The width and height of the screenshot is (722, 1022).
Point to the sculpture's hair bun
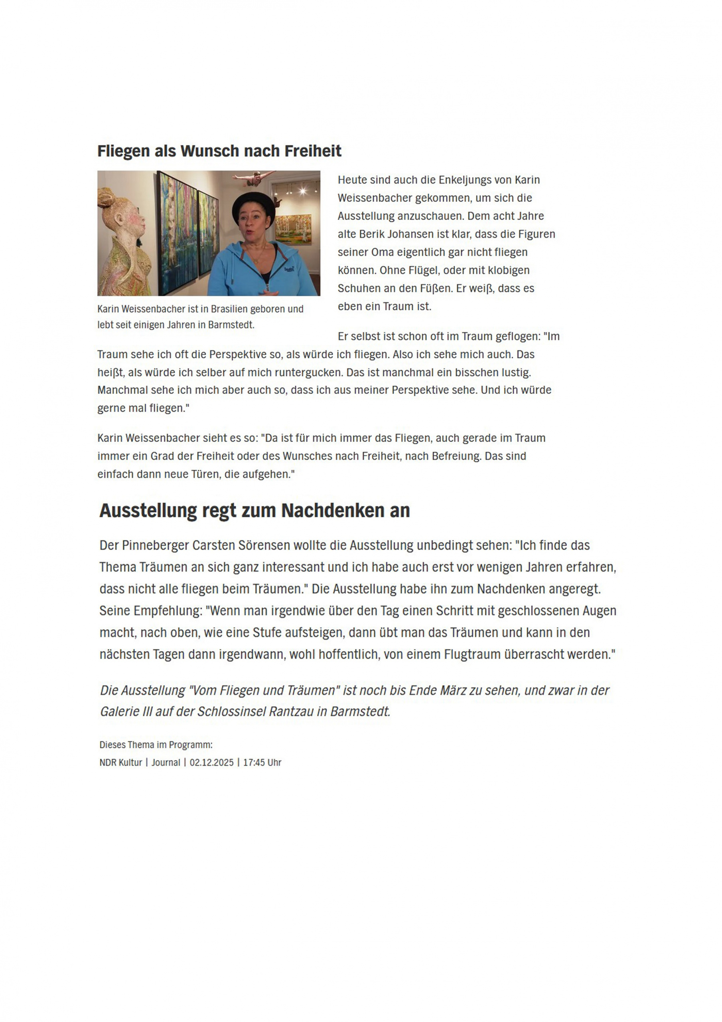point(106,197)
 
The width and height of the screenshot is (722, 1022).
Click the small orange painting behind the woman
point(293,229)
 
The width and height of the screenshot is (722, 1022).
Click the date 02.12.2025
point(211,762)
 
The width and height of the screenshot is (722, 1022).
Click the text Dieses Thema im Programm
point(156,745)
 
